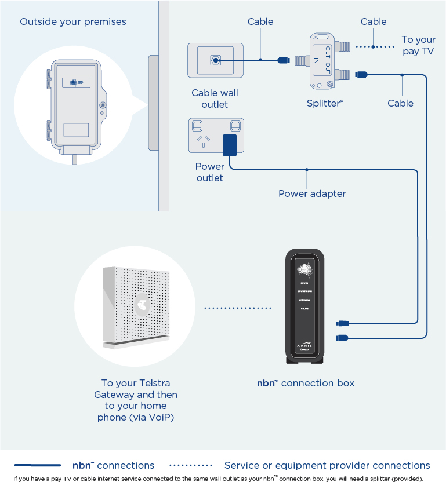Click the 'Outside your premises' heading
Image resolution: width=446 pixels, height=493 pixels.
pos(73,22)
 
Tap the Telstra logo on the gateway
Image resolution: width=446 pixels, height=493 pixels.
pos(140,305)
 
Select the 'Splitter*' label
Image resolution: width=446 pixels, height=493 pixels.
pos(325,104)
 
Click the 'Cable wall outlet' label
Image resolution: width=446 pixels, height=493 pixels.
pos(215,98)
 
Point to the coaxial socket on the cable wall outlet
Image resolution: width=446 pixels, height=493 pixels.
pos(216,60)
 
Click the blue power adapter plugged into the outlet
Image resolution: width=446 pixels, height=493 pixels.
pos(230,145)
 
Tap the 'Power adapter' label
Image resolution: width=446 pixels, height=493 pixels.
pos(312,193)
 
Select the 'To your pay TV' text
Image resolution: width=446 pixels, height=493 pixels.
pos(418,45)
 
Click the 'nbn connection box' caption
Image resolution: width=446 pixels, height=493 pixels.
pos(306,383)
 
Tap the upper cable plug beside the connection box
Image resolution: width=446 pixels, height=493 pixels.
pos(342,323)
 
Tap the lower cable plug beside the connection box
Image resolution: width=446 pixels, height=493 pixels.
pos(342,337)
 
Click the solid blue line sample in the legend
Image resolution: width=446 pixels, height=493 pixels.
pos(38,465)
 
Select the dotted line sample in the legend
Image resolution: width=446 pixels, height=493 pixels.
pos(191,465)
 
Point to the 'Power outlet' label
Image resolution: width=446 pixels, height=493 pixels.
pos(210,172)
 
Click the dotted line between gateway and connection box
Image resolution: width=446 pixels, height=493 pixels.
pos(238,308)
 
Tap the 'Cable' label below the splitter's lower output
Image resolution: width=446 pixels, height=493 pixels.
pos(401,103)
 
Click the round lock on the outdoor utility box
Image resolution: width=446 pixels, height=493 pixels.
pos(103,105)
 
